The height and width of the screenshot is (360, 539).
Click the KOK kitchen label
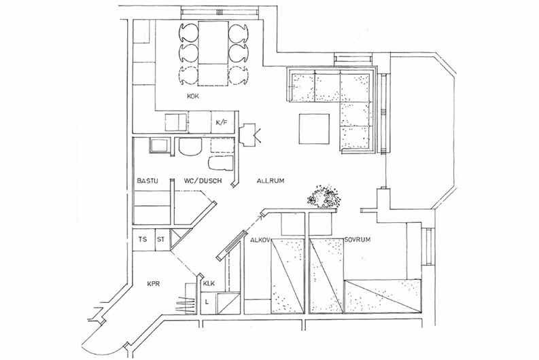pyautogui.click(x=193, y=96)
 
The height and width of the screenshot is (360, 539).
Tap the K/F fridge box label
pyautogui.click(x=222, y=122)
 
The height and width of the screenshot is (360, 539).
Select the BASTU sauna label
pyautogui.click(x=147, y=181)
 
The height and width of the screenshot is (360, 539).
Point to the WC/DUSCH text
pyautogui.click(x=203, y=181)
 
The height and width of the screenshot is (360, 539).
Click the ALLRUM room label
pyautogui.click(x=271, y=181)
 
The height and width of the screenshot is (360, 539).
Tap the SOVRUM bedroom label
pyautogui.click(x=358, y=239)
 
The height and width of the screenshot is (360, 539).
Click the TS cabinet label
pyautogui.click(x=143, y=239)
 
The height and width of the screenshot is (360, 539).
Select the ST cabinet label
pyautogui.click(x=161, y=239)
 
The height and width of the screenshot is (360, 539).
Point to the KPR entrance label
pyautogui.click(x=154, y=284)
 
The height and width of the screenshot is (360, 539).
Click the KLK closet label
pyautogui.click(x=209, y=284)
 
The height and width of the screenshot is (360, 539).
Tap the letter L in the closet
pyautogui.click(x=206, y=302)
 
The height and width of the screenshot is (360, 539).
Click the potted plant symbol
pyautogui.click(x=323, y=197)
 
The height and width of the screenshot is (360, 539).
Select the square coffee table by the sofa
pyautogui.click(x=314, y=129)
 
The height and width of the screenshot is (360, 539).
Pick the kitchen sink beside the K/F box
pyautogui.click(x=175, y=123)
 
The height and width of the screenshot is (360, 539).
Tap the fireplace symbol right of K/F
pyautogui.click(x=249, y=134)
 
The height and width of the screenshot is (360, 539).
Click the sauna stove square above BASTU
pyautogui.click(x=160, y=145)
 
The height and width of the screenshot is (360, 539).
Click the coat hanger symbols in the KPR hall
pyautogui.click(x=186, y=304)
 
